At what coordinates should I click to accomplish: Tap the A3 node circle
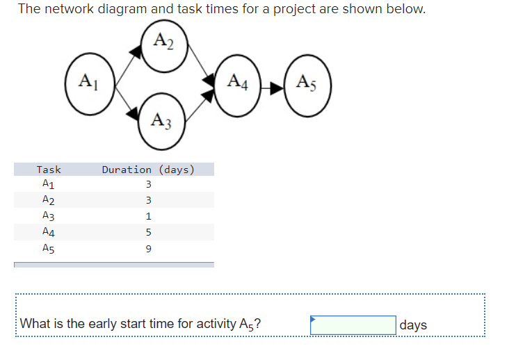click(164, 123)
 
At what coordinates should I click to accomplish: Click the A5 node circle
click(307, 84)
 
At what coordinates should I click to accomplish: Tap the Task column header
click(49, 170)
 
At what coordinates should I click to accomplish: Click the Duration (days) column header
click(148, 170)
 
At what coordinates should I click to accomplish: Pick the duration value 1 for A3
click(148, 217)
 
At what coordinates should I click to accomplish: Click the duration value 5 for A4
click(148, 233)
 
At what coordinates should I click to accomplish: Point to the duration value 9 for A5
click(148, 248)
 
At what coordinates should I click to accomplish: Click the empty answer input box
click(353, 325)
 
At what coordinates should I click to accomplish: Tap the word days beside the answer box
click(414, 325)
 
